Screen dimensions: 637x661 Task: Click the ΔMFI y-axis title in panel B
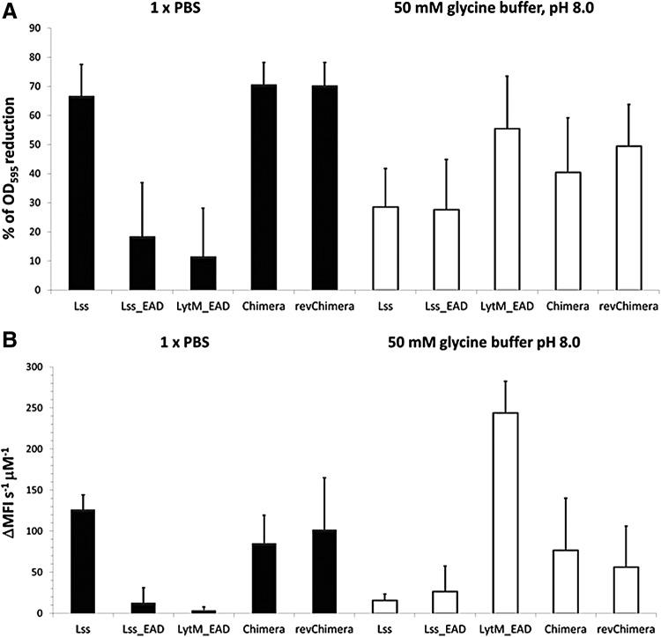tap(15, 489)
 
